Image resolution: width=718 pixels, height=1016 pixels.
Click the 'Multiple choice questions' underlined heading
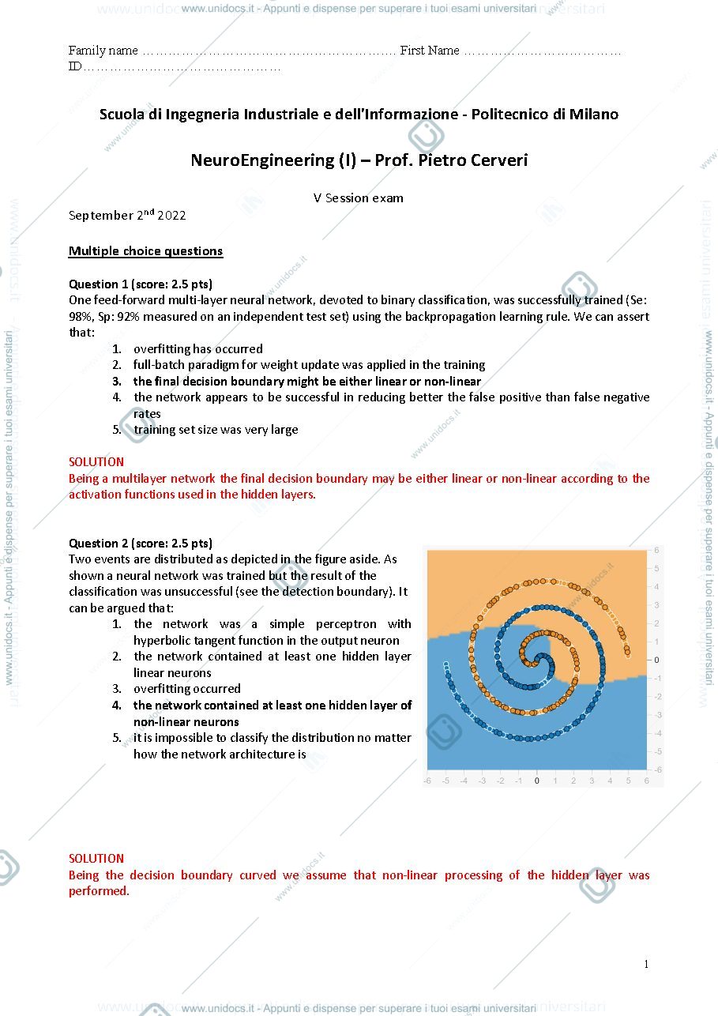(x=145, y=251)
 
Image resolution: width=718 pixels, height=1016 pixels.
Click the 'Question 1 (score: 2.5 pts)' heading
(x=141, y=284)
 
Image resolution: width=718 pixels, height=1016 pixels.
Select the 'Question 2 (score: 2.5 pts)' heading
(x=141, y=544)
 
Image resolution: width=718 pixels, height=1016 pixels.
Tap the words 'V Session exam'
(x=359, y=198)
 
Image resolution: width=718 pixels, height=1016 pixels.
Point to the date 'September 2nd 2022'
(x=127, y=215)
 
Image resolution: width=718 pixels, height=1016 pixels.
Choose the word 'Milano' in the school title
(x=594, y=114)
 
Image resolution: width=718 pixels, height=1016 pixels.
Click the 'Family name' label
(x=103, y=51)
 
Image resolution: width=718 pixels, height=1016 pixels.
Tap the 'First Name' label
(x=430, y=51)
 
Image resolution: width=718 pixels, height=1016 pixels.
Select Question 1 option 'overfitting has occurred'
(x=197, y=348)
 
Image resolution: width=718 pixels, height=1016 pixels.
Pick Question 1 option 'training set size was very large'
(x=216, y=430)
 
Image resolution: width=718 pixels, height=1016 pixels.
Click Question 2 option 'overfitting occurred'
(x=187, y=688)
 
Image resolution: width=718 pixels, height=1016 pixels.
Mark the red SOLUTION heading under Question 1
(x=96, y=461)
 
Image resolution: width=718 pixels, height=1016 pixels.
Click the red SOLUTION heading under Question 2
(x=96, y=858)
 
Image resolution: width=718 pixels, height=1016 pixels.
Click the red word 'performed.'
(x=99, y=891)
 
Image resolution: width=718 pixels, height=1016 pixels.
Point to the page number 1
(x=646, y=964)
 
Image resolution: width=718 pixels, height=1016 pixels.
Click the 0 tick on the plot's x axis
(x=536, y=781)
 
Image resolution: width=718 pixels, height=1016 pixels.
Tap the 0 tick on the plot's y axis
(x=656, y=660)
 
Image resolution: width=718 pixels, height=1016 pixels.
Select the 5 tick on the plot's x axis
(x=628, y=781)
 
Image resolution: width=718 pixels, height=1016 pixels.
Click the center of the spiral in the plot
(x=540, y=659)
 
